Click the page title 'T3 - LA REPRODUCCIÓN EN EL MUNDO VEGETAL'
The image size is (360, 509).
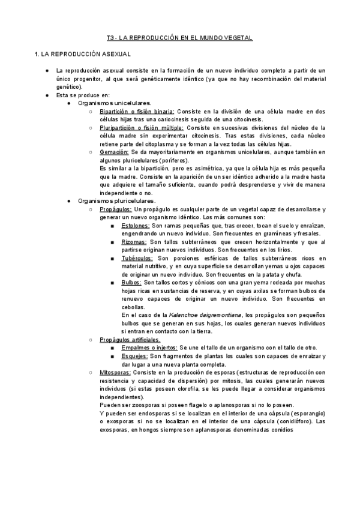pyautogui.click(x=179, y=38)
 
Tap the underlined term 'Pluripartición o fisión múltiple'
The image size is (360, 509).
pyautogui.click(x=142, y=128)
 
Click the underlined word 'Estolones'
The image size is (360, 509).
pyautogui.click(x=135, y=225)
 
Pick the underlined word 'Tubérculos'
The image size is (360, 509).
pyautogui.click(x=137, y=258)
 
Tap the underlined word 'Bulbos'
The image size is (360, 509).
pyautogui.click(x=131, y=282)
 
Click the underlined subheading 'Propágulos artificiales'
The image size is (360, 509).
pyautogui.click(x=130, y=339)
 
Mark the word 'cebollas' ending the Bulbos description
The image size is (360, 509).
pyautogui.click(x=133, y=306)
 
